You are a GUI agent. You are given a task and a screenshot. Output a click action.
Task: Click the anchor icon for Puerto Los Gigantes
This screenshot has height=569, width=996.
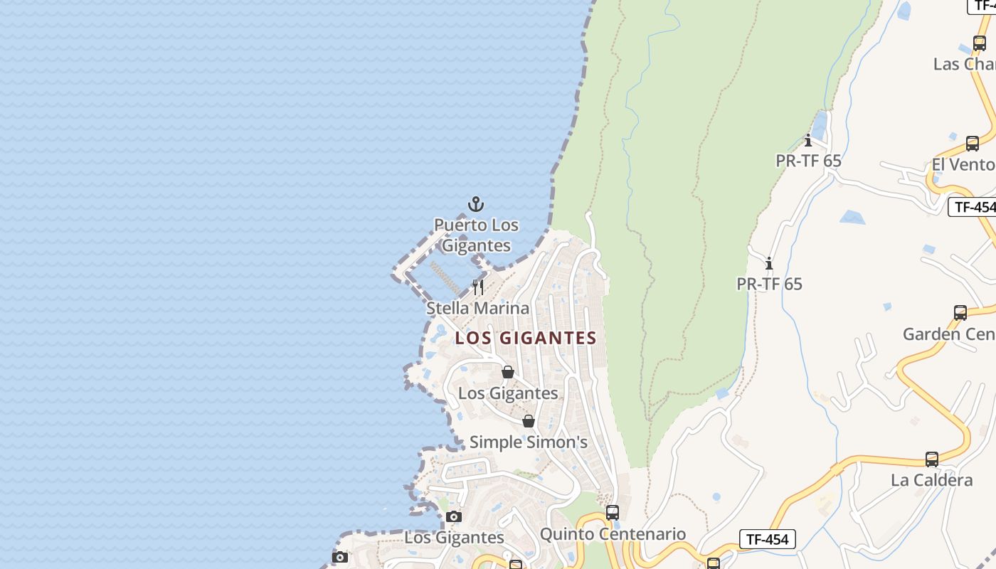pos(476,205)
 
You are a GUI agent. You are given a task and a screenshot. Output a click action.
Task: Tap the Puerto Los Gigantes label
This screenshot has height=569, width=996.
pos(477,235)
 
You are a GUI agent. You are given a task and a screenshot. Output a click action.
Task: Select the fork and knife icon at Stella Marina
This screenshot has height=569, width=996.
pos(478,287)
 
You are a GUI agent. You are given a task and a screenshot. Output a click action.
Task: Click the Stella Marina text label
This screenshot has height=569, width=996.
pos(478,308)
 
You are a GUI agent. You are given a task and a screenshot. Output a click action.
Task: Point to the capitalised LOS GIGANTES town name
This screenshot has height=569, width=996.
pos(526,338)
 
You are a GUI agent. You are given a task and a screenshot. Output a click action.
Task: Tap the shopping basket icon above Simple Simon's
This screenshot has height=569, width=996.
pos(529,421)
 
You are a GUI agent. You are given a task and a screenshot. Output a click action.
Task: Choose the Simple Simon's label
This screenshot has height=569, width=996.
pos(529,442)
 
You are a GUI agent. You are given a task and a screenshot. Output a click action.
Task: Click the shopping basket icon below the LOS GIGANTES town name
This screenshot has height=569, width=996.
pos(508,372)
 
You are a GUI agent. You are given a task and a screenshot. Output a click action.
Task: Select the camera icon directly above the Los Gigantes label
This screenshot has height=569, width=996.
pos(454,516)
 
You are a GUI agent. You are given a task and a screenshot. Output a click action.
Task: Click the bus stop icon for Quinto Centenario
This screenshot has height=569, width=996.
pos(613,512)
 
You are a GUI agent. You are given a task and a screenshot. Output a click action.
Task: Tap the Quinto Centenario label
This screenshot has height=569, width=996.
pos(613,534)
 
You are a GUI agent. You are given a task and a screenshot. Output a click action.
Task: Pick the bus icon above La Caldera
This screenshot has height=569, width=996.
pos(932,459)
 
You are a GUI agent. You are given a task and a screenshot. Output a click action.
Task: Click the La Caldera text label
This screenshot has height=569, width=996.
pos(932,480)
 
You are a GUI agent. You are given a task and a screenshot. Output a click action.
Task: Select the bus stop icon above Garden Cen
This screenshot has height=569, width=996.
pos(960,312)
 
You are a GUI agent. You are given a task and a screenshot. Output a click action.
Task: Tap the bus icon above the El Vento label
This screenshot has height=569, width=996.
pos(973,143)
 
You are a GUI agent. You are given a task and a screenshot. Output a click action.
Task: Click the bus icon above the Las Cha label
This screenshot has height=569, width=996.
pos(980,43)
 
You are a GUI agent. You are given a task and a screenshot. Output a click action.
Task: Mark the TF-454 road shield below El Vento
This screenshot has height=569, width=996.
pos(973,207)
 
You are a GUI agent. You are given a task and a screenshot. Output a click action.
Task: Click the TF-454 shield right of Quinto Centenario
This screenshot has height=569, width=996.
pos(767,539)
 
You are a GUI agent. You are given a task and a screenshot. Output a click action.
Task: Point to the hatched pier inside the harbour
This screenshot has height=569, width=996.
pos(446,277)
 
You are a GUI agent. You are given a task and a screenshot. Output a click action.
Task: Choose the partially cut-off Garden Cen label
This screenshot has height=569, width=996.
pos(949,334)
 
